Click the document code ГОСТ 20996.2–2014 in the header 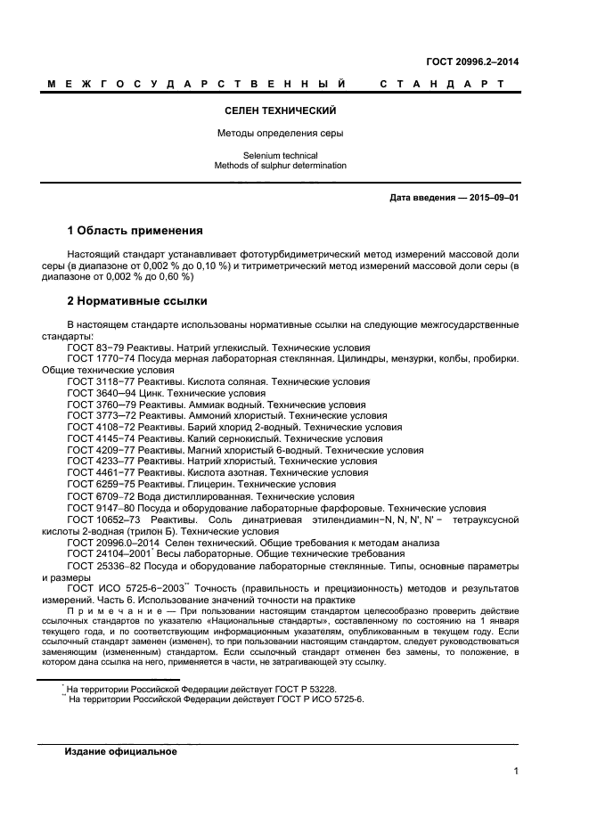click(x=473, y=61)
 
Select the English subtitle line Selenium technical click(x=280, y=155)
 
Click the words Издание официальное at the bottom click(x=121, y=751)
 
